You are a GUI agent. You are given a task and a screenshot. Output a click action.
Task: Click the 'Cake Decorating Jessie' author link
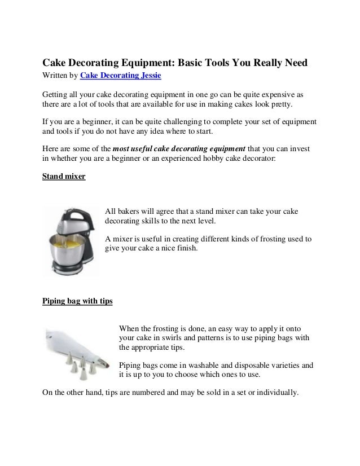(x=121, y=76)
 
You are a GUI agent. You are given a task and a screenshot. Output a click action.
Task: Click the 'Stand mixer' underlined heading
(x=64, y=177)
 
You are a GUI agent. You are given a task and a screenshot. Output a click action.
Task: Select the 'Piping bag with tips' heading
(x=77, y=301)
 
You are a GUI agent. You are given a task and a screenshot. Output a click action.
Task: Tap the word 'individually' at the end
(x=275, y=393)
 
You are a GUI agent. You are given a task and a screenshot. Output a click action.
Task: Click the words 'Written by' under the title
(x=60, y=76)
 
